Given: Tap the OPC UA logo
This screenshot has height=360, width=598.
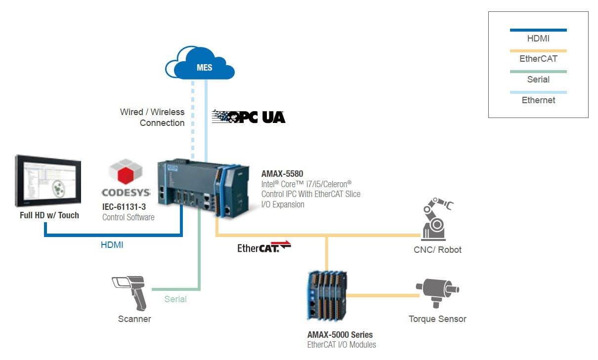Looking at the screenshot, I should pos(249,117).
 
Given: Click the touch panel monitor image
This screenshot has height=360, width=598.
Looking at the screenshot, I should pos(48,180).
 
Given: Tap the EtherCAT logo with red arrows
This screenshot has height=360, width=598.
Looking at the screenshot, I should pos(264,246).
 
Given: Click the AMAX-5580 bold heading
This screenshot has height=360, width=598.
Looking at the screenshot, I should pos(282,174).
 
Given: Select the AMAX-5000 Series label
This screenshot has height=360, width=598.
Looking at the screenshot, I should pos(340,335).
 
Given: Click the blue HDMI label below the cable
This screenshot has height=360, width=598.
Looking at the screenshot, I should pos(112,244).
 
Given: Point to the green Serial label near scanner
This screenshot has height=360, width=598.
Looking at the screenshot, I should pos(175,299).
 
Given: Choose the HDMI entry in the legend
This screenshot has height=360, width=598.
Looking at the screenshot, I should pos(538,38).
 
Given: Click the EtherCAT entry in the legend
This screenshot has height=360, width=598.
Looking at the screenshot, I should pos(538,59).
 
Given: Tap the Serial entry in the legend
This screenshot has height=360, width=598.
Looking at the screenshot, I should pos(538,80).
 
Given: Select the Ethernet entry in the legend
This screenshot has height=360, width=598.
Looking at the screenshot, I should pos(538,100).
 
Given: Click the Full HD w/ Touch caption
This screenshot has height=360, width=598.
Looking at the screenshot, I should pos(49,215).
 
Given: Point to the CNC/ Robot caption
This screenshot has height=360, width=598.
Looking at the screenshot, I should pos(437,250).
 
